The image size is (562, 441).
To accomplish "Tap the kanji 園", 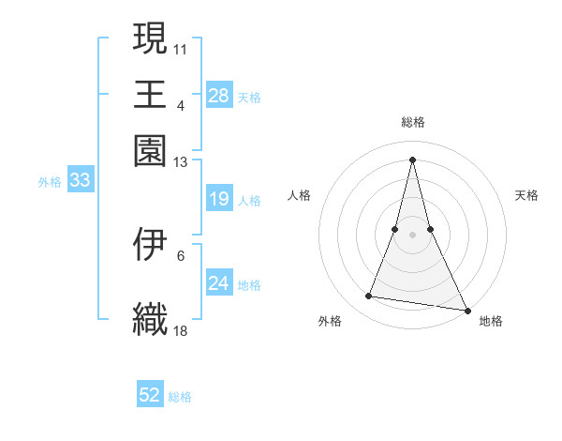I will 150,149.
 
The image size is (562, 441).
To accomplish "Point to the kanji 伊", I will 150,243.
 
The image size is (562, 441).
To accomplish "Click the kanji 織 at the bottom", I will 150,318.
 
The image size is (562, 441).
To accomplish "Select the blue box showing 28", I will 218,95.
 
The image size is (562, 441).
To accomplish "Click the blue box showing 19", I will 218,199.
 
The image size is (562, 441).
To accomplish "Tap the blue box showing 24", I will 218,283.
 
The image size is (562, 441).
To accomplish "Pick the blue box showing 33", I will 80,180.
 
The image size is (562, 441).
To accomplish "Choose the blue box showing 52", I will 150,395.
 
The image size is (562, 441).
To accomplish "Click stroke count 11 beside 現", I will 181,47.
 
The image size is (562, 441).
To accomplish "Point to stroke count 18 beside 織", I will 181,330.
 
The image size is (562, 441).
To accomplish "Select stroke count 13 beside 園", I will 181,162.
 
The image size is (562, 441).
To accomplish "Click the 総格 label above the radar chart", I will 413,122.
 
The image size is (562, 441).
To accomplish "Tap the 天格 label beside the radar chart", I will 526,195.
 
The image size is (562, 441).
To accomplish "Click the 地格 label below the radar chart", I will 491,322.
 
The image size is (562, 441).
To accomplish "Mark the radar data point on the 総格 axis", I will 413,159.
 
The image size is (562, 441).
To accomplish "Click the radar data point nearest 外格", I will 369,297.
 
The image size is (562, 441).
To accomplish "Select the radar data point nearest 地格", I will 466,310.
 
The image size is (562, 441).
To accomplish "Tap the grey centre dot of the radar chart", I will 413,235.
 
